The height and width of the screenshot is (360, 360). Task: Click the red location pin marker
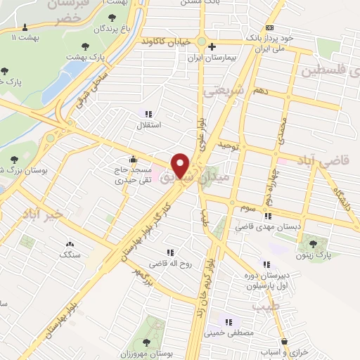click(x=181, y=165)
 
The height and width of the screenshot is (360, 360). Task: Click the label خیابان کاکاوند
click(x=166, y=41)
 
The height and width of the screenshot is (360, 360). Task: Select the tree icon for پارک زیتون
click(x=313, y=243)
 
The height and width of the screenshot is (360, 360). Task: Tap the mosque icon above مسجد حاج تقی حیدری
click(x=133, y=159)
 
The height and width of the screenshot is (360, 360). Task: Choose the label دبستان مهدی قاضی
click(x=266, y=226)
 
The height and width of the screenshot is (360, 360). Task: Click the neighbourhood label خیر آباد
click(x=41, y=213)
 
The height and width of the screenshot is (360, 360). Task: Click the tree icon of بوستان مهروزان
click(x=146, y=342)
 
